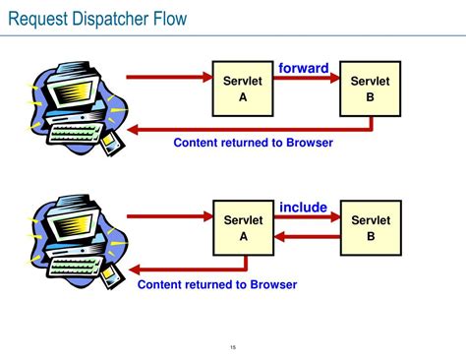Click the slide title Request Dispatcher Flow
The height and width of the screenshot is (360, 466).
tap(96, 19)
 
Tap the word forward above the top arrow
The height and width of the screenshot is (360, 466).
tap(303, 68)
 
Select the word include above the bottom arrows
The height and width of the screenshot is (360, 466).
tap(303, 207)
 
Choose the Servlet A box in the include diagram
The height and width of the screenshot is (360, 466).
tap(243, 228)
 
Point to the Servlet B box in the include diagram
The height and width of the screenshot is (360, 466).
tap(371, 228)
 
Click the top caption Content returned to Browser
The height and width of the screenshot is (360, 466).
tap(253, 143)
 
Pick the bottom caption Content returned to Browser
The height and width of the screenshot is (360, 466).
tap(216, 284)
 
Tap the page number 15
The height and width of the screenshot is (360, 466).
tap(233, 346)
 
